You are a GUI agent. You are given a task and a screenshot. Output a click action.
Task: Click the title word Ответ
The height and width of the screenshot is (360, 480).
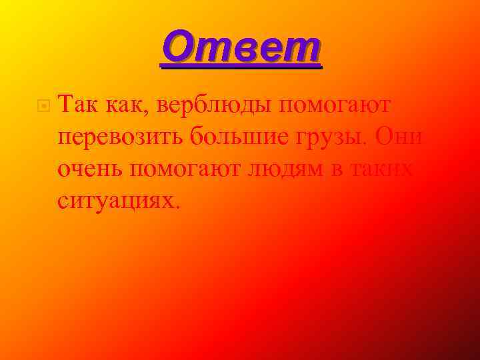click(241, 48)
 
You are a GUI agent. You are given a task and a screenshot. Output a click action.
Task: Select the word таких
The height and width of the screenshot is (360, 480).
click(385, 169)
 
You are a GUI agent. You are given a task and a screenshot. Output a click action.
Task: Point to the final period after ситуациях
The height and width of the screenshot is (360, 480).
click(177, 205)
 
